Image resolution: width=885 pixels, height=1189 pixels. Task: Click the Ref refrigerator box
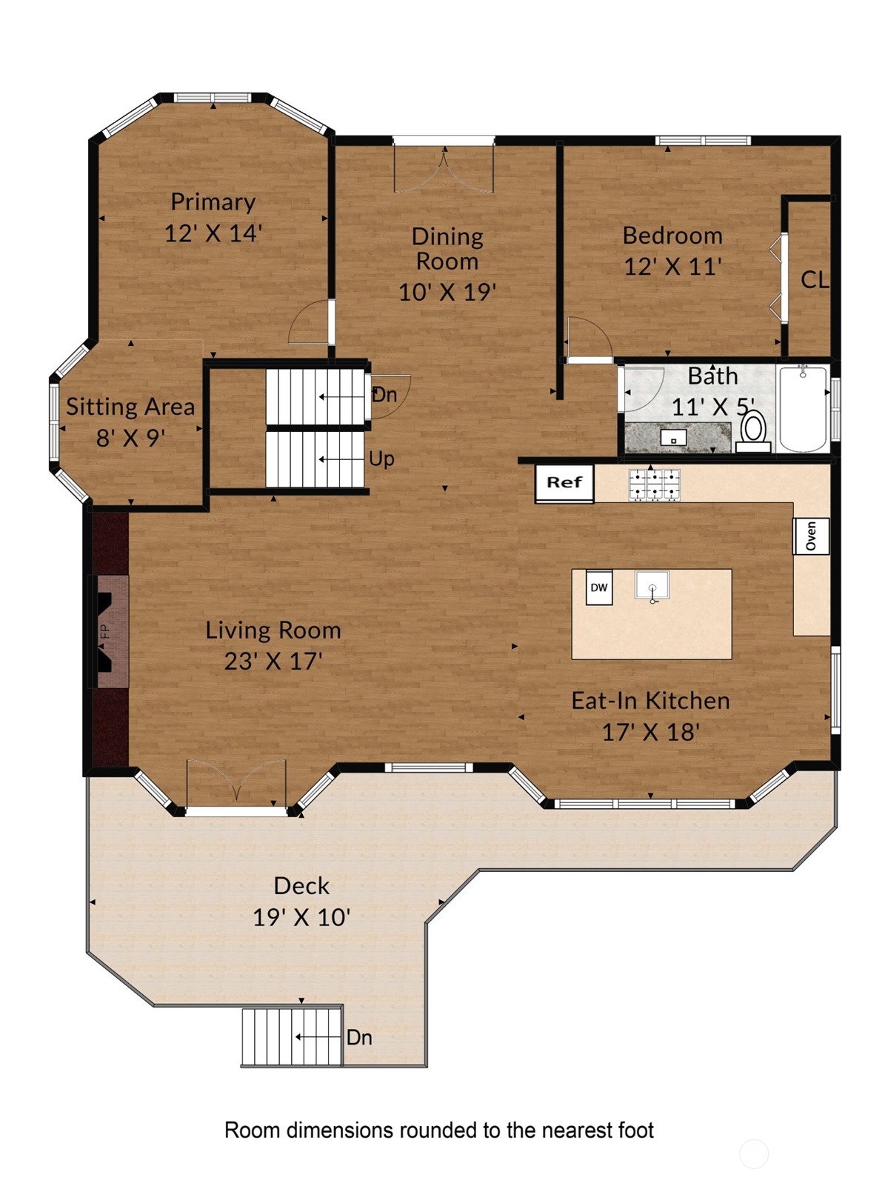click(x=564, y=482)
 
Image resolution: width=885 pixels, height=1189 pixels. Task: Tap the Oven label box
click(x=811, y=536)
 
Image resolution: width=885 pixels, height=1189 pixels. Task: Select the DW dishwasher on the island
click(x=598, y=587)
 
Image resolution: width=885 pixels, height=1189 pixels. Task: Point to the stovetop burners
click(x=655, y=485)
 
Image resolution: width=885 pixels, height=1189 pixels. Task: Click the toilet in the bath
click(x=754, y=431)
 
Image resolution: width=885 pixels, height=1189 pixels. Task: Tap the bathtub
click(x=803, y=408)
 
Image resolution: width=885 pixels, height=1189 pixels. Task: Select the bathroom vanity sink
click(x=674, y=437)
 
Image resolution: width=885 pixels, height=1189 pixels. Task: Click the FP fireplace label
click(x=106, y=631)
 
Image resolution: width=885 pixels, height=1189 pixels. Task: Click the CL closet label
click(x=814, y=279)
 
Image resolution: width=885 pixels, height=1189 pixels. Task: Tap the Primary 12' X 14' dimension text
click(x=213, y=233)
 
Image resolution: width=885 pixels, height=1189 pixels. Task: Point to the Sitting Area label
click(x=130, y=407)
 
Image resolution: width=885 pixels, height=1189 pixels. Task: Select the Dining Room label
click(x=447, y=249)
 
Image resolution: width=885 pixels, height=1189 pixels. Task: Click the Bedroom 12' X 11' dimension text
click(x=672, y=267)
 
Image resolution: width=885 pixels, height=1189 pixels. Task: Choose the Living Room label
click(x=273, y=630)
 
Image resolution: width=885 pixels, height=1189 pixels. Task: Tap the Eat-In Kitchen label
click(x=651, y=701)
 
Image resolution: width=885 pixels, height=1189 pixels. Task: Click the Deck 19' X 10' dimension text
click(x=302, y=918)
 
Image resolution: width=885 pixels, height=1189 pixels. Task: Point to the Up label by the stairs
click(x=381, y=459)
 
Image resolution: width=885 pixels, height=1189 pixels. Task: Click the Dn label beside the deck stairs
click(x=359, y=1038)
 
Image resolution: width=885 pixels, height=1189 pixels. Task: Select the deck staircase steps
click(x=292, y=1037)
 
